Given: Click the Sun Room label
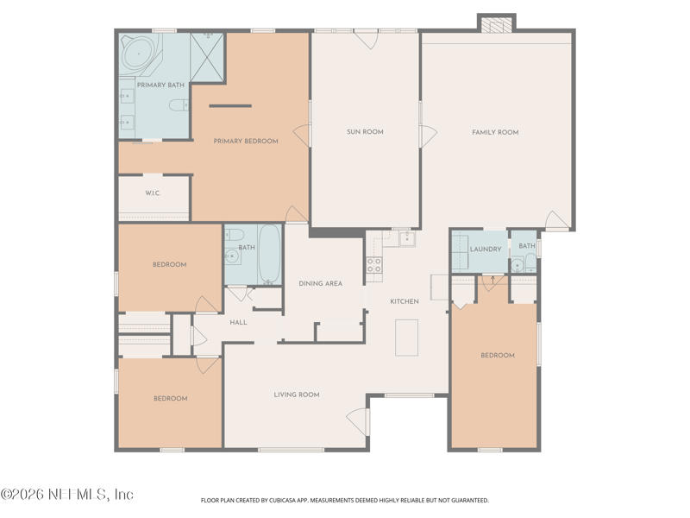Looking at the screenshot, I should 365,132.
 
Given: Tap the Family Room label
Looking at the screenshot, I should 495,132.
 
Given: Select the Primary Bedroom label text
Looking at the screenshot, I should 246,141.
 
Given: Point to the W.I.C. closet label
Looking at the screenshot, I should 153,193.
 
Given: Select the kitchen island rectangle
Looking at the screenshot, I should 406,337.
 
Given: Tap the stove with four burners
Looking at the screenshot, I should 374,265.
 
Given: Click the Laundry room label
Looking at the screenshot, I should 486,250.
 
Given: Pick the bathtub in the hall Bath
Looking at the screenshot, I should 269,254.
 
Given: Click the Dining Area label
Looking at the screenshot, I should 321,283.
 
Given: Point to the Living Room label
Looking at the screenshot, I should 297,395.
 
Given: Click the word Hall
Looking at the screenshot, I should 239,322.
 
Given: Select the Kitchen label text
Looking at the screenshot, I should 405,301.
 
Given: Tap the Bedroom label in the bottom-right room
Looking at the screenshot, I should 498,355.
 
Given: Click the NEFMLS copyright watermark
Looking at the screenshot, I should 67,495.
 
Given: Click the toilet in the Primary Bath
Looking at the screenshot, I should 178,106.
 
